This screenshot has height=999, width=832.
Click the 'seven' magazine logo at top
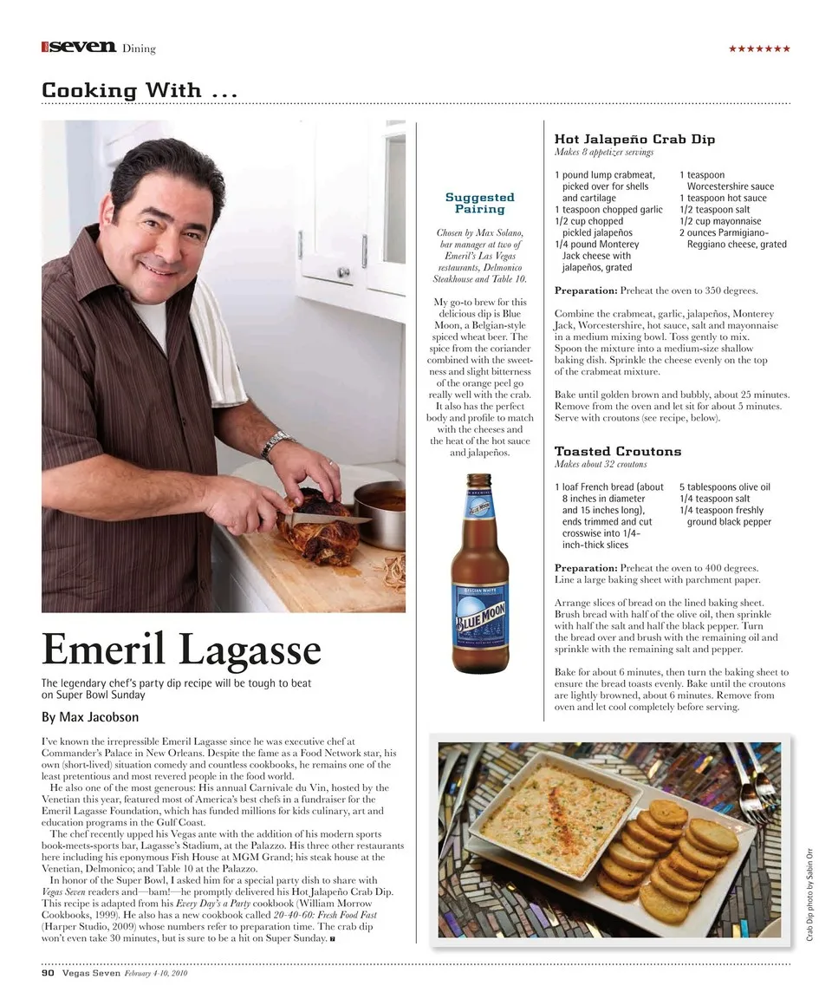[x=81, y=47]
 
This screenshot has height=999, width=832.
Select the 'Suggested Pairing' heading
[x=479, y=203]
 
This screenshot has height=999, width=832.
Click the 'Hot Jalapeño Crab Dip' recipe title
[x=634, y=139]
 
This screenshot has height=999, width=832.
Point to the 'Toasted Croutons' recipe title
[x=617, y=451]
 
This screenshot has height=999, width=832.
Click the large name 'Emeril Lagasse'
[x=181, y=650]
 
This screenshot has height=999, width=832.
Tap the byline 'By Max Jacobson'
[x=89, y=717]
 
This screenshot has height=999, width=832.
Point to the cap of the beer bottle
[x=478, y=479]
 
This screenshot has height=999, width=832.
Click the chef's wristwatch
[x=276, y=445]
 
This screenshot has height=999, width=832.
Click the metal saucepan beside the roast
[x=381, y=512]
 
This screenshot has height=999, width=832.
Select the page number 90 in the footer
[x=48, y=973]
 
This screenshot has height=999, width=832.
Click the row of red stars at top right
[x=759, y=49]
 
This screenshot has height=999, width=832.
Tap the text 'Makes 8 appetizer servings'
[x=603, y=153]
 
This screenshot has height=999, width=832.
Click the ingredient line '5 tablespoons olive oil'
[x=724, y=487]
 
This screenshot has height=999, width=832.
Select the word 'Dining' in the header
[x=139, y=49]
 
